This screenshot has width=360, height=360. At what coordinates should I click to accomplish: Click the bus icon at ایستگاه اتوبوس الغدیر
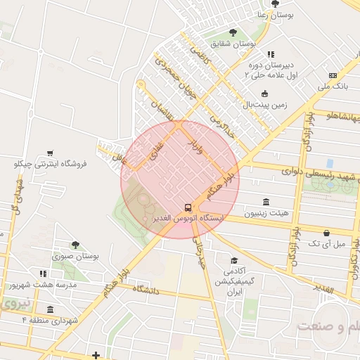pos(187,207)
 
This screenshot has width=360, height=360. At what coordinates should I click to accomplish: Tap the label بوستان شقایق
pos(236,44)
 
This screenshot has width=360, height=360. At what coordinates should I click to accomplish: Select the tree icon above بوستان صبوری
pos(75,245)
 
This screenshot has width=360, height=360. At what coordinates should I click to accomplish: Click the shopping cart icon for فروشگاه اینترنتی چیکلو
pos(50,153)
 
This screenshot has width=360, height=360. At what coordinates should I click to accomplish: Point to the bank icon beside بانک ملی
pos(333,76)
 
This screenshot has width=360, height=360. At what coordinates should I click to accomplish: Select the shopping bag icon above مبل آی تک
pos(326,233)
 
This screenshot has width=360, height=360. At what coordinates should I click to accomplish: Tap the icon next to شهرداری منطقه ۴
pos(50,310)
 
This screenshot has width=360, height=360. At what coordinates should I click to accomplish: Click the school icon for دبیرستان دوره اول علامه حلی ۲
pos(271,54)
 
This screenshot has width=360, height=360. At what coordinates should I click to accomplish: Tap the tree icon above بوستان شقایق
pos(233,32)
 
